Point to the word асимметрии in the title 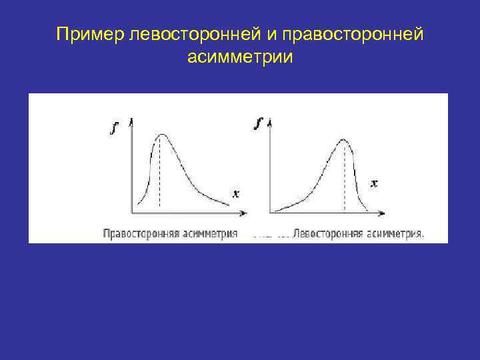click(x=240, y=57)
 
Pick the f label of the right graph click(x=259, y=123)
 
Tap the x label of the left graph click(x=235, y=193)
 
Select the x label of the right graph click(x=374, y=183)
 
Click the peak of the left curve click(x=161, y=135)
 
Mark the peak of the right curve click(x=343, y=140)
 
